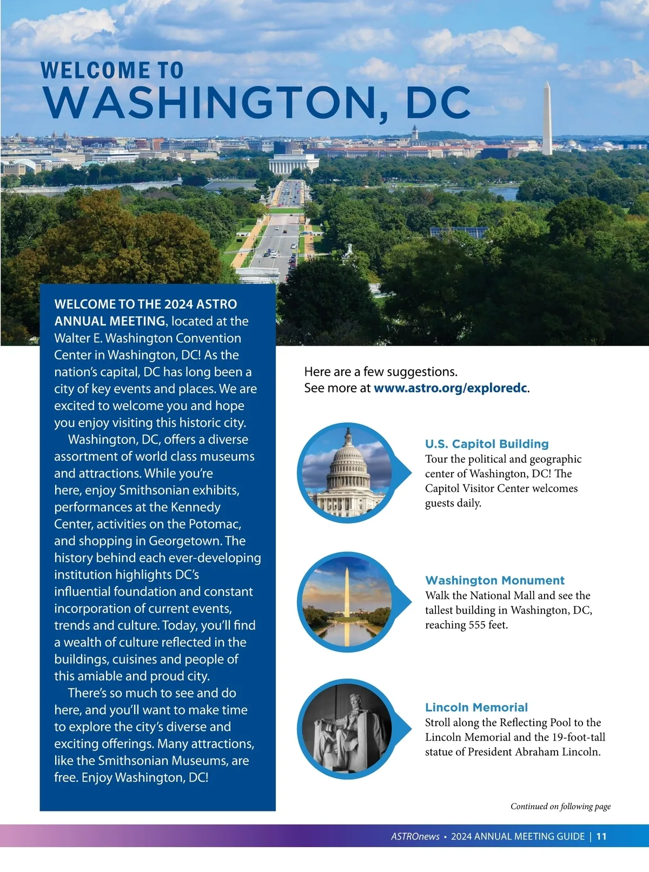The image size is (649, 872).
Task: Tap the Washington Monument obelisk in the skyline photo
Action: coord(547,120)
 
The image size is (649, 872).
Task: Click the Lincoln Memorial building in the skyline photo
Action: coord(294,164)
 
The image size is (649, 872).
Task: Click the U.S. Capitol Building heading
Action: coord(487,444)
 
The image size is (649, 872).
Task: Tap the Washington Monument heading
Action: coord(495,580)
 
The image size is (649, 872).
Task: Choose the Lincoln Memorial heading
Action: coord(476,707)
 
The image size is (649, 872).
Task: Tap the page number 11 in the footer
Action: coord(601,836)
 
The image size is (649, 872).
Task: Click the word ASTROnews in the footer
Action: coord(415,836)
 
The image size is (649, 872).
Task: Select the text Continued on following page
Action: coord(561,806)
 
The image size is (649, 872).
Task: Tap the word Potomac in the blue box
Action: coord(214,524)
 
